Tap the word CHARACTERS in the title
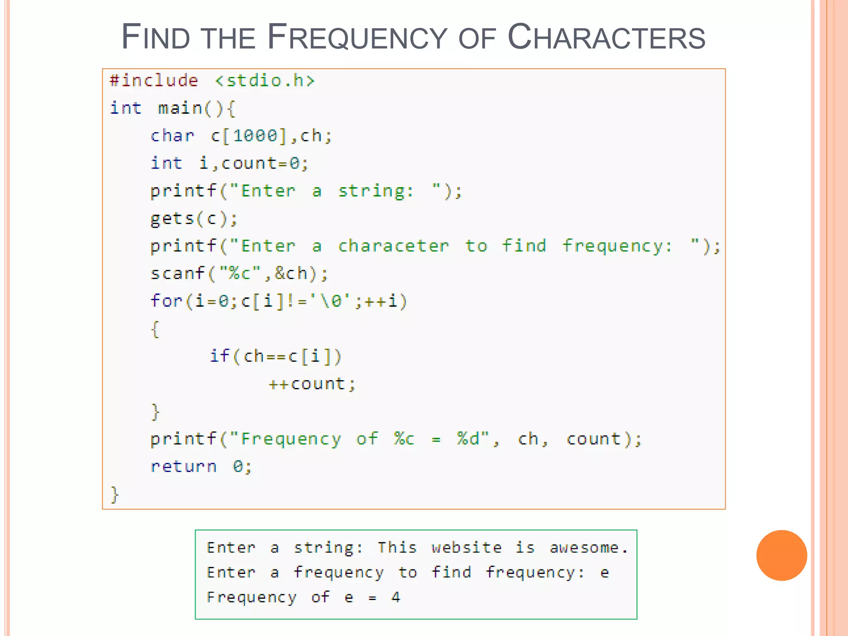[x=606, y=37]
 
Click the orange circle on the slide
[x=781, y=555]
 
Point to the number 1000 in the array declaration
[x=255, y=136]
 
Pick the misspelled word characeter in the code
[x=393, y=246]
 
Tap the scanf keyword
[x=177, y=274]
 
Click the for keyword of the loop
[x=166, y=301]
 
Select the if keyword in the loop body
[x=219, y=356]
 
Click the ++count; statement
[x=312, y=384]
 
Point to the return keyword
[x=183, y=467]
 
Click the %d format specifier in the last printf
[x=468, y=439]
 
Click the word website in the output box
[x=467, y=548]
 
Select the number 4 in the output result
[x=396, y=597]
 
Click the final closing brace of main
[x=115, y=494]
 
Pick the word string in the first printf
[x=371, y=191]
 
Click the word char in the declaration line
[x=172, y=136]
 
